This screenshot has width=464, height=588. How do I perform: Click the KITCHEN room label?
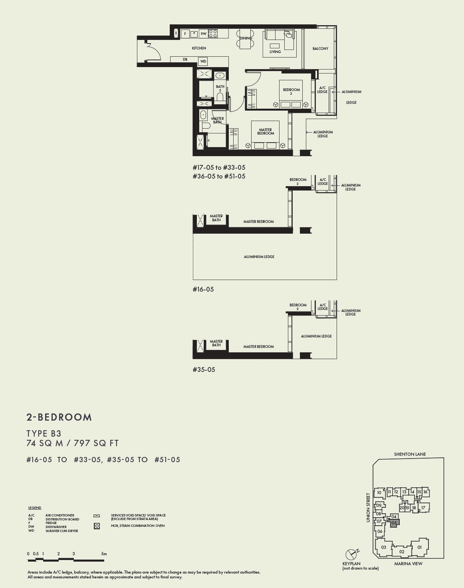point(199,48)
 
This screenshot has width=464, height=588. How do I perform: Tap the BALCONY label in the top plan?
point(320,49)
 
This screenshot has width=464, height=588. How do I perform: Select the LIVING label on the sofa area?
point(275,52)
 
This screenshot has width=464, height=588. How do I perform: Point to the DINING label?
point(246,38)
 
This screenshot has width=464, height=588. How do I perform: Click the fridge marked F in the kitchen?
point(185,34)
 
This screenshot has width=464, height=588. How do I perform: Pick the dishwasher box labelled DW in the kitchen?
point(203,34)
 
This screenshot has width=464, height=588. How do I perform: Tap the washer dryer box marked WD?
point(203,62)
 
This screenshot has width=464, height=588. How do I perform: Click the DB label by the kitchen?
point(185,60)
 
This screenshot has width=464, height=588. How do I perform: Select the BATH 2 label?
point(220,88)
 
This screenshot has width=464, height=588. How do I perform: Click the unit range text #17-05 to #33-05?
point(219,168)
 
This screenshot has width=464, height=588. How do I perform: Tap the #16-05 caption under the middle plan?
point(203,289)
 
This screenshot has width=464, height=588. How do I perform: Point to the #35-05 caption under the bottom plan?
point(204,369)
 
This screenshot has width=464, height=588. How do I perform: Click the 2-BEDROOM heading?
point(59,417)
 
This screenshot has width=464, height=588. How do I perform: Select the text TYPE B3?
point(44,433)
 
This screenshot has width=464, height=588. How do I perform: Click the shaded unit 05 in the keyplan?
point(394,523)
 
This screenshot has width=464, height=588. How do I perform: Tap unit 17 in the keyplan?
point(423,508)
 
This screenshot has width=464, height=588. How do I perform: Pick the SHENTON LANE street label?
point(410,454)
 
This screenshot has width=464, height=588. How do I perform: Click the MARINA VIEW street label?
point(408,564)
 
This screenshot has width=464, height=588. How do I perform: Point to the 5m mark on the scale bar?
point(104,554)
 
